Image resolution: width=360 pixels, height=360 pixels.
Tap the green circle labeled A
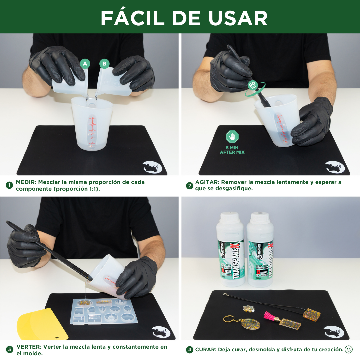click(85, 63)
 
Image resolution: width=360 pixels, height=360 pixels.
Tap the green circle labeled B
click(105, 63)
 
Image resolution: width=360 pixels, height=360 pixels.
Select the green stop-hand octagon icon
click(232, 137)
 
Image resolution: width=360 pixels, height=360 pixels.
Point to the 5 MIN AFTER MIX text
click(232, 150)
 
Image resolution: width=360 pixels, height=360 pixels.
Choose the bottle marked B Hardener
click(260, 250)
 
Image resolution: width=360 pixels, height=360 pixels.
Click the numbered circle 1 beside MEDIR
click(9, 185)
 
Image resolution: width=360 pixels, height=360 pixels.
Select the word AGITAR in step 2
click(207, 182)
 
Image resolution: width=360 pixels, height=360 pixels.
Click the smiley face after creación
click(349, 349)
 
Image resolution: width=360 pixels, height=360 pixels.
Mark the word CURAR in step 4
click(206, 350)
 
